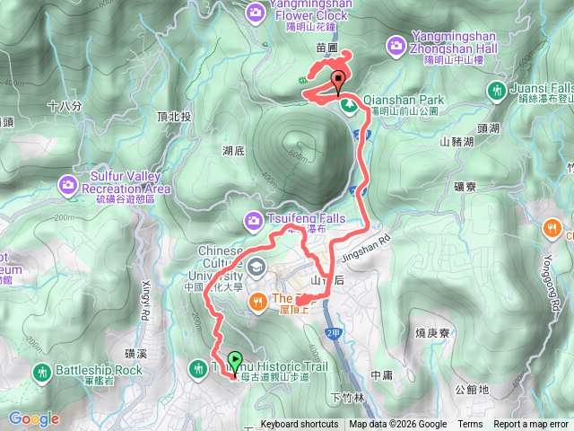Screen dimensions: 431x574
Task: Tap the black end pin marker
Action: pos(339,79)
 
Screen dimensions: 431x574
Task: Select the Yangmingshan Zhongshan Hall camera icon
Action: pos(396,44)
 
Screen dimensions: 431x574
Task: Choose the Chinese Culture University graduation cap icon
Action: pos(257,267)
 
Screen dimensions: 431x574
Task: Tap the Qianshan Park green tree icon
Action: pos(348,106)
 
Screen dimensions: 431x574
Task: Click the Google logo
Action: pos(33,418)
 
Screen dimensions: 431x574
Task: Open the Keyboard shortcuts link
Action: pos(300,425)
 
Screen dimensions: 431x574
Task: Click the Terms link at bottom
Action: pos(469,425)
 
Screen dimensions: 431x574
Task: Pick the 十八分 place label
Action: pos(64,106)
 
